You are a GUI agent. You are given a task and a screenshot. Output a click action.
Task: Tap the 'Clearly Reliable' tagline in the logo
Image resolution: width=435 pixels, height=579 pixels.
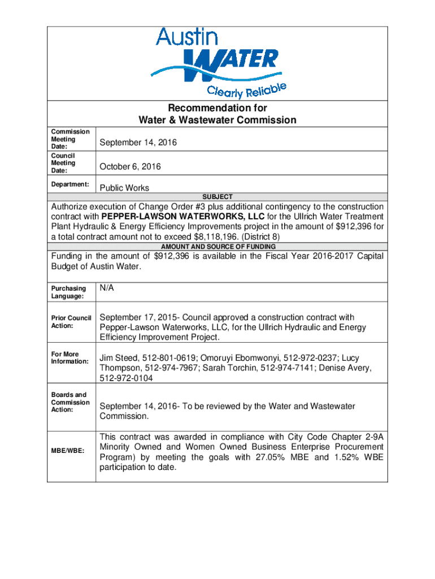pyautogui.click(x=247, y=89)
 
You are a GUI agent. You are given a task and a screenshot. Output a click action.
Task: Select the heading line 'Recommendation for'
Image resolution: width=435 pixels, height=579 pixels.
pyautogui.click(x=217, y=108)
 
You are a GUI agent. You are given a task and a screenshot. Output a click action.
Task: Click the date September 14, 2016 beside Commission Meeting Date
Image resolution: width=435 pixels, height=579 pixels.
pyautogui.click(x=138, y=142)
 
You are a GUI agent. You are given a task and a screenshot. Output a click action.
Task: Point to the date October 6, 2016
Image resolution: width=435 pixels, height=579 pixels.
pyautogui.click(x=130, y=167)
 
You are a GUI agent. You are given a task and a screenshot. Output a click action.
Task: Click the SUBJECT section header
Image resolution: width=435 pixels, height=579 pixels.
pyautogui.click(x=217, y=197)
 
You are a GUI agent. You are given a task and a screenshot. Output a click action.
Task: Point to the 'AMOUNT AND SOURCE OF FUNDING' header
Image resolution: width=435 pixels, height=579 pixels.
pyautogui.click(x=217, y=247)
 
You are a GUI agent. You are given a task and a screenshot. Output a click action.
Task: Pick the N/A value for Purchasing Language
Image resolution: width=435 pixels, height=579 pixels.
pyautogui.click(x=107, y=288)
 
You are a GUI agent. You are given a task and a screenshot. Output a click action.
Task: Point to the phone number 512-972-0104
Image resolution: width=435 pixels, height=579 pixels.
pyautogui.click(x=126, y=378)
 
